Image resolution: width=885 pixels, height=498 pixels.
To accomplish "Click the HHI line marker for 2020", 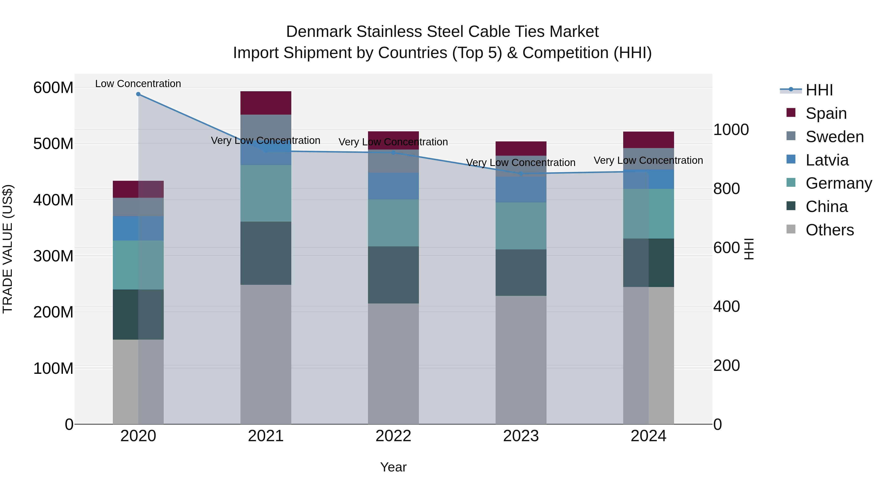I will pos(138,94).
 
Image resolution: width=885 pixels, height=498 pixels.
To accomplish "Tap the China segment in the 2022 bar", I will pos(393,275).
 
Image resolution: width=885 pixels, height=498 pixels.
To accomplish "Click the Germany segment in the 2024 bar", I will pos(648,213).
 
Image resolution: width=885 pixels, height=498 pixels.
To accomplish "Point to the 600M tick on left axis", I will pos(53,88).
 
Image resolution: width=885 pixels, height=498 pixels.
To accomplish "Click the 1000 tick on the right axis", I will pos(731,130).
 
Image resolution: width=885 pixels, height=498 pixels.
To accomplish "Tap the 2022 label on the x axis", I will pos(393,436).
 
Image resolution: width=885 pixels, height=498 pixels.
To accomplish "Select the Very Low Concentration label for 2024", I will pos(648,161).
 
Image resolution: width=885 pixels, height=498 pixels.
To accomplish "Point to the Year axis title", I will pos(393,467).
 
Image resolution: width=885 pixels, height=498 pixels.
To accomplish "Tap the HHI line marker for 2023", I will pos(521,174).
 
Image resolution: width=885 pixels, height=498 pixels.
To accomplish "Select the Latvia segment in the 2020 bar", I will pos(138,228).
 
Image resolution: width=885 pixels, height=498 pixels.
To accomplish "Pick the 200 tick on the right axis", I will pos(726,365).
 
